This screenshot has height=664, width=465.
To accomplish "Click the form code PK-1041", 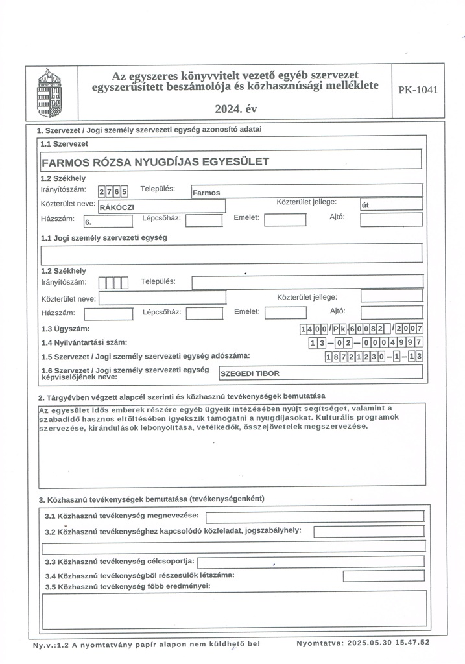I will [418, 90].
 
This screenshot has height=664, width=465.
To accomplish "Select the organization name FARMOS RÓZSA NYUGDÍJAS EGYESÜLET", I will [155, 161].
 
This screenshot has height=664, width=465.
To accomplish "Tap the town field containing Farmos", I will [306, 191].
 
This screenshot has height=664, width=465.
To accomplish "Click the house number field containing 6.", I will [108, 221].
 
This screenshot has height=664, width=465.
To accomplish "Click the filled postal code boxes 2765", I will [113, 191].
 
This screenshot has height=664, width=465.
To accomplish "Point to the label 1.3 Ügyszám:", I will [65, 329].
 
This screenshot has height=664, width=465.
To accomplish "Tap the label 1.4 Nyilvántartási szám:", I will [84, 342].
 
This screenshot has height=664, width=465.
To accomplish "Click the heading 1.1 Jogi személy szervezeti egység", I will [104, 237].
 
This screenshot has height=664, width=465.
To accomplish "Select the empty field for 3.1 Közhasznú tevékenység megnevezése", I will [315, 516].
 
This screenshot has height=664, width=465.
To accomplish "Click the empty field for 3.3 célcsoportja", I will [311, 561].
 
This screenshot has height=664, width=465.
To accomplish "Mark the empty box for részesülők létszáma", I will [383, 575].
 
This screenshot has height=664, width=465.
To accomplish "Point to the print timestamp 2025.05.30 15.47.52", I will [363, 644].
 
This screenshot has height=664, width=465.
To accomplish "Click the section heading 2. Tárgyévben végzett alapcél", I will [182, 396].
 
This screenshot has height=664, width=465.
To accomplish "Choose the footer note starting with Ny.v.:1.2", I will [146, 645].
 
